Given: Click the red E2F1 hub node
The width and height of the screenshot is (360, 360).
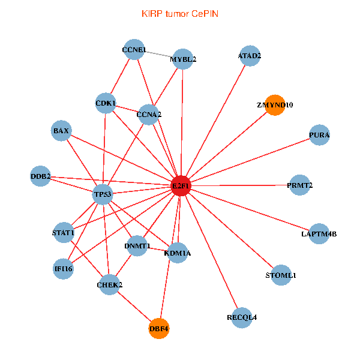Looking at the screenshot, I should pyautogui.click(x=181, y=186).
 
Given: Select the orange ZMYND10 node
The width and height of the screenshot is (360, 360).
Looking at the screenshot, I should pyautogui.click(x=275, y=105).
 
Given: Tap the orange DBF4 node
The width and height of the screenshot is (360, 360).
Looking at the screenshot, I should pyautogui.click(x=159, y=328).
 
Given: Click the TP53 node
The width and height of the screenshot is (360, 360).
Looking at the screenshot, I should pyautogui.click(x=103, y=194).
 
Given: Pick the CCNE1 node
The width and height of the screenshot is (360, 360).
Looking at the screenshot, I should pyautogui.click(x=134, y=49).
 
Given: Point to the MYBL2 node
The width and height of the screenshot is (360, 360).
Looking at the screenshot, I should pyautogui.click(x=182, y=59).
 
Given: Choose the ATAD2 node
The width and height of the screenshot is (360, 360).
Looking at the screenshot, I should pyautogui.click(x=250, y=56).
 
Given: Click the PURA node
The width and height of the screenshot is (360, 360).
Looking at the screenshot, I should pyautogui.click(x=319, y=134).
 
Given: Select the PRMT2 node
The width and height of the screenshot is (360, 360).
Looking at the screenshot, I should pyautogui.click(x=300, y=185).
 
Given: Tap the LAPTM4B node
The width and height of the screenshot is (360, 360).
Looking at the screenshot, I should pyautogui.click(x=319, y=233).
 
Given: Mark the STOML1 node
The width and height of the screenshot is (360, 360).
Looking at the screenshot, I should pyautogui.click(x=281, y=275).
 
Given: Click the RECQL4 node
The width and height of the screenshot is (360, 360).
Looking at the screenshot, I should pyautogui.click(x=242, y=317).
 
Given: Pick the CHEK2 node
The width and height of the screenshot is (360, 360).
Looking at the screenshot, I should pyautogui.click(x=109, y=284).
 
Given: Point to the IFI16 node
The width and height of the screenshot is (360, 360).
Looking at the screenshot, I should pyautogui.click(x=63, y=268).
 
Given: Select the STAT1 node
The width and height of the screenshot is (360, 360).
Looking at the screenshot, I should pyautogui.click(x=63, y=232).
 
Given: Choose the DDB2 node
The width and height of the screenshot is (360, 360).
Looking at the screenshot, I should pyautogui.click(x=40, y=176).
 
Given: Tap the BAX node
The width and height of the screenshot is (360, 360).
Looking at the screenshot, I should pyautogui.click(x=61, y=130).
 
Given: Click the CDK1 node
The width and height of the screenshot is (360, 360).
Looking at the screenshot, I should pyautogui.click(x=106, y=103).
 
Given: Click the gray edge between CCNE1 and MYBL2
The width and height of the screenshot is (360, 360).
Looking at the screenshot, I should pyautogui.click(x=158, y=54).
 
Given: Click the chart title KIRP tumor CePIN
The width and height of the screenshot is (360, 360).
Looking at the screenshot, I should pyautogui.click(x=179, y=13).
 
